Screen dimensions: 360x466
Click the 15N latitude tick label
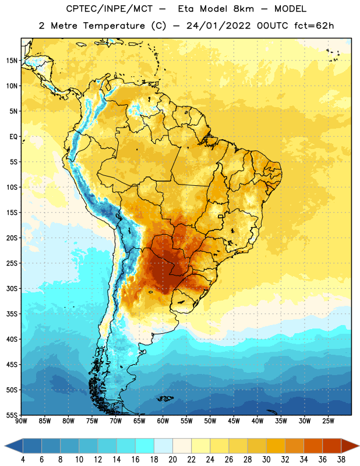click(x=12, y=61)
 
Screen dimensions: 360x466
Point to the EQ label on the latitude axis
click(x=13, y=137)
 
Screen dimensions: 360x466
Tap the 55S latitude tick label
click(x=12, y=415)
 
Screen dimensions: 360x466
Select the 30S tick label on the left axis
click(x=12, y=288)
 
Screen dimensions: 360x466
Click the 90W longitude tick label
click(x=21, y=421)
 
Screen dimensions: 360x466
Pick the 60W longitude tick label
click(x=163, y=421)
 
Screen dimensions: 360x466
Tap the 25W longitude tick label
click(x=328, y=421)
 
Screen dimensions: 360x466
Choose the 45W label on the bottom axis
click(x=234, y=421)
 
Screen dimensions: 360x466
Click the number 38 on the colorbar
click(x=341, y=460)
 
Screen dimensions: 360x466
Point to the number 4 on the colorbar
click(x=23, y=460)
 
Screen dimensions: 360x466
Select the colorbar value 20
click(x=172, y=460)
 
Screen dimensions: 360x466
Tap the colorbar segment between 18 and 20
click(x=164, y=446)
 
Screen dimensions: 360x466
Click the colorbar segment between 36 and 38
click(x=332, y=446)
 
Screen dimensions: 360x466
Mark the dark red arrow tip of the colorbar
click(x=359, y=446)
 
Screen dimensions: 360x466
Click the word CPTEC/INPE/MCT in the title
click(x=109, y=9)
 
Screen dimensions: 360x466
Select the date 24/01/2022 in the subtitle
click(x=218, y=26)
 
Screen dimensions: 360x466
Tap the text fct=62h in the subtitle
click(x=314, y=26)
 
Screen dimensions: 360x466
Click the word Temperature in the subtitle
click(x=114, y=26)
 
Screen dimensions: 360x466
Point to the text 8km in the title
click(x=243, y=9)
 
